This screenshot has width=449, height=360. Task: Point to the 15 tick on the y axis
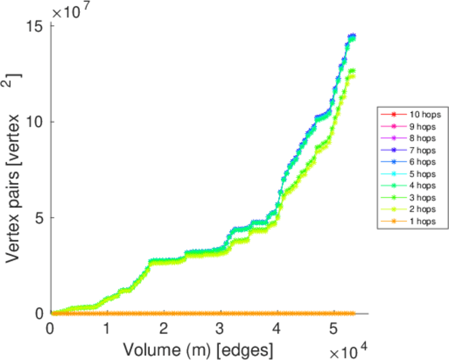click(x=35, y=26)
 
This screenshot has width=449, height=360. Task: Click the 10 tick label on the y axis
click(x=35, y=122)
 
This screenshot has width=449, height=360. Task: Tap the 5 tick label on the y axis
click(x=40, y=218)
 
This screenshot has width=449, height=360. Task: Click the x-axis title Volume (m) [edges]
click(x=198, y=348)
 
